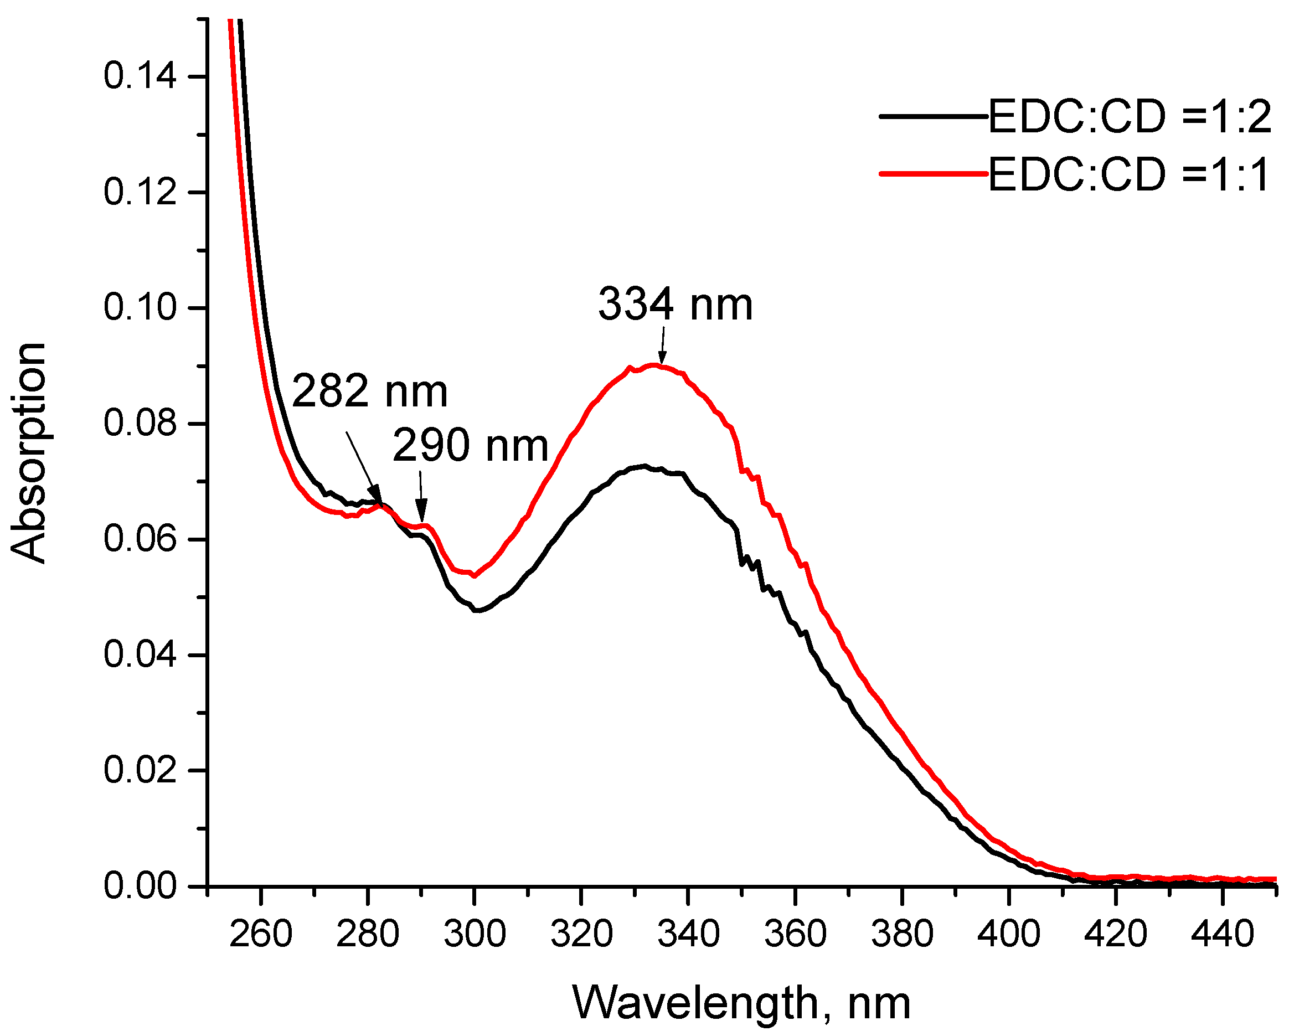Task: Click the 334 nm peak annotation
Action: click(x=675, y=305)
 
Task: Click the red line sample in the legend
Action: click(x=932, y=174)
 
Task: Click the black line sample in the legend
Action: click(x=932, y=116)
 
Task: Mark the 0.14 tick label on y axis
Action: click(x=140, y=76)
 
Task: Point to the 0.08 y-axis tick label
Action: click(x=140, y=422)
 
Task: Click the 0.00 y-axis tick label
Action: click(x=140, y=885)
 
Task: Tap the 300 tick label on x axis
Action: click(x=475, y=933)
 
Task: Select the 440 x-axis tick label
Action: click(x=1222, y=933)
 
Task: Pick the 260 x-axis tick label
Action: click(x=261, y=933)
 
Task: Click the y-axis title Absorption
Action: click(x=29, y=452)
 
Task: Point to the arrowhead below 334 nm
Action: click(x=662, y=359)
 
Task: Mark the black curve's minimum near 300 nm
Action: click(x=477, y=610)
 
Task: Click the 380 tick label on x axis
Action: click(x=901, y=933)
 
